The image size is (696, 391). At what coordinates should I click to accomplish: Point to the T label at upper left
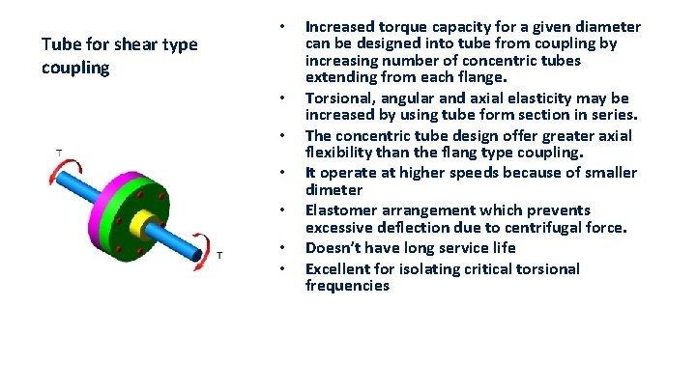point(60,153)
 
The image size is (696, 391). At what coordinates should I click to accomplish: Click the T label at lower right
point(219,255)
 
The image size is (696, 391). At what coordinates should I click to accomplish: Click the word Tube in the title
point(60,44)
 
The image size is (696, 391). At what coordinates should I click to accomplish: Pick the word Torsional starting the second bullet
point(338,98)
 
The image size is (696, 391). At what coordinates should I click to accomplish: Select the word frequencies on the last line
point(347,286)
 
